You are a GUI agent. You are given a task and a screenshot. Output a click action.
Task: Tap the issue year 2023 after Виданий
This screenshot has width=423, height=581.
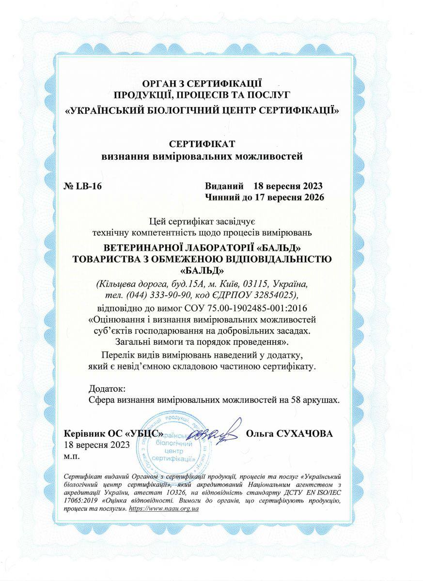pyautogui.click(x=311, y=186)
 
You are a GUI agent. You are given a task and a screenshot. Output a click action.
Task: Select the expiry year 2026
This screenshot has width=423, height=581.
pyautogui.click(x=312, y=198)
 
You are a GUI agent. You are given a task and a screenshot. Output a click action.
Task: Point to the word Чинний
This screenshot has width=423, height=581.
pyautogui.click(x=223, y=198)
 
